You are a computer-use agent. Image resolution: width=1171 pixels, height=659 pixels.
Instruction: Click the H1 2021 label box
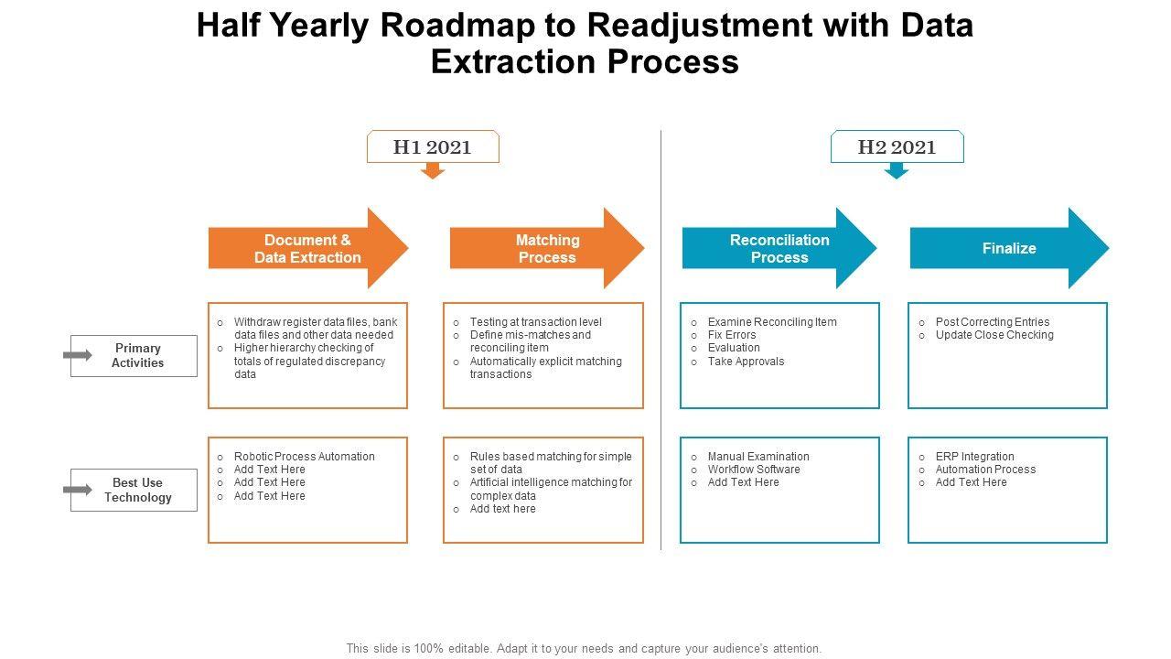point(433,146)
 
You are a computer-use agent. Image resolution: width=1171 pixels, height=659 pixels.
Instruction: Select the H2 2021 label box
point(897,146)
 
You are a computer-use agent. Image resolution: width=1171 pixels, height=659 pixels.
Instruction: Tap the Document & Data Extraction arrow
point(307,248)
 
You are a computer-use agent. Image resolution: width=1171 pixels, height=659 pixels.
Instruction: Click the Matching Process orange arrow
point(547,248)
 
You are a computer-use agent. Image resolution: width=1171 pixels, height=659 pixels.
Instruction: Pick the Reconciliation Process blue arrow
point(779,248)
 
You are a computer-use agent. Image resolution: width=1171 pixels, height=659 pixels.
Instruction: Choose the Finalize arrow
point(1009,248)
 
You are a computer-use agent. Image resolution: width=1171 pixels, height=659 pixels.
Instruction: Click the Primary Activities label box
point(138,355)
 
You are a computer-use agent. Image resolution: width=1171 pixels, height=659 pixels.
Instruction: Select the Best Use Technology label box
point(138,490)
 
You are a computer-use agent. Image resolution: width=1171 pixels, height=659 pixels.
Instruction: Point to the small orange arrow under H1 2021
point(433,170)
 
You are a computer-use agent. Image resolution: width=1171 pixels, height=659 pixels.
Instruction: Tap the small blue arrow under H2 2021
point(897,170)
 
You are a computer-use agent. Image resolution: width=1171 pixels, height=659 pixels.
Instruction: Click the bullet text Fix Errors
point(732,335)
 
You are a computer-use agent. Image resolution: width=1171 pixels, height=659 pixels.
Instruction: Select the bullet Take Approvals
point(746,362)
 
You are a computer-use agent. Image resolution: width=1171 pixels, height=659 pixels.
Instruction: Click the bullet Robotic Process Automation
point(304,457)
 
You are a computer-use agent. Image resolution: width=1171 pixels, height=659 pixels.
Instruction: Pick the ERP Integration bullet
point(974,457)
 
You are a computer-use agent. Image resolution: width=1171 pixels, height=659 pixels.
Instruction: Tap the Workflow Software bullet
point(754,470)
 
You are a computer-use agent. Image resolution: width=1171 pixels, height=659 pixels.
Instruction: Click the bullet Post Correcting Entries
point(993,322)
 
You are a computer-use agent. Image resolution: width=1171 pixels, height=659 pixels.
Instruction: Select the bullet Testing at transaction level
point(536,322)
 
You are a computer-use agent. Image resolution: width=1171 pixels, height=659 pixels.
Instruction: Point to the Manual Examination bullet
point(758,457)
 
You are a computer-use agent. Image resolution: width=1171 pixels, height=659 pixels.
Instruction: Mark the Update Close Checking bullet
point(994,335)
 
